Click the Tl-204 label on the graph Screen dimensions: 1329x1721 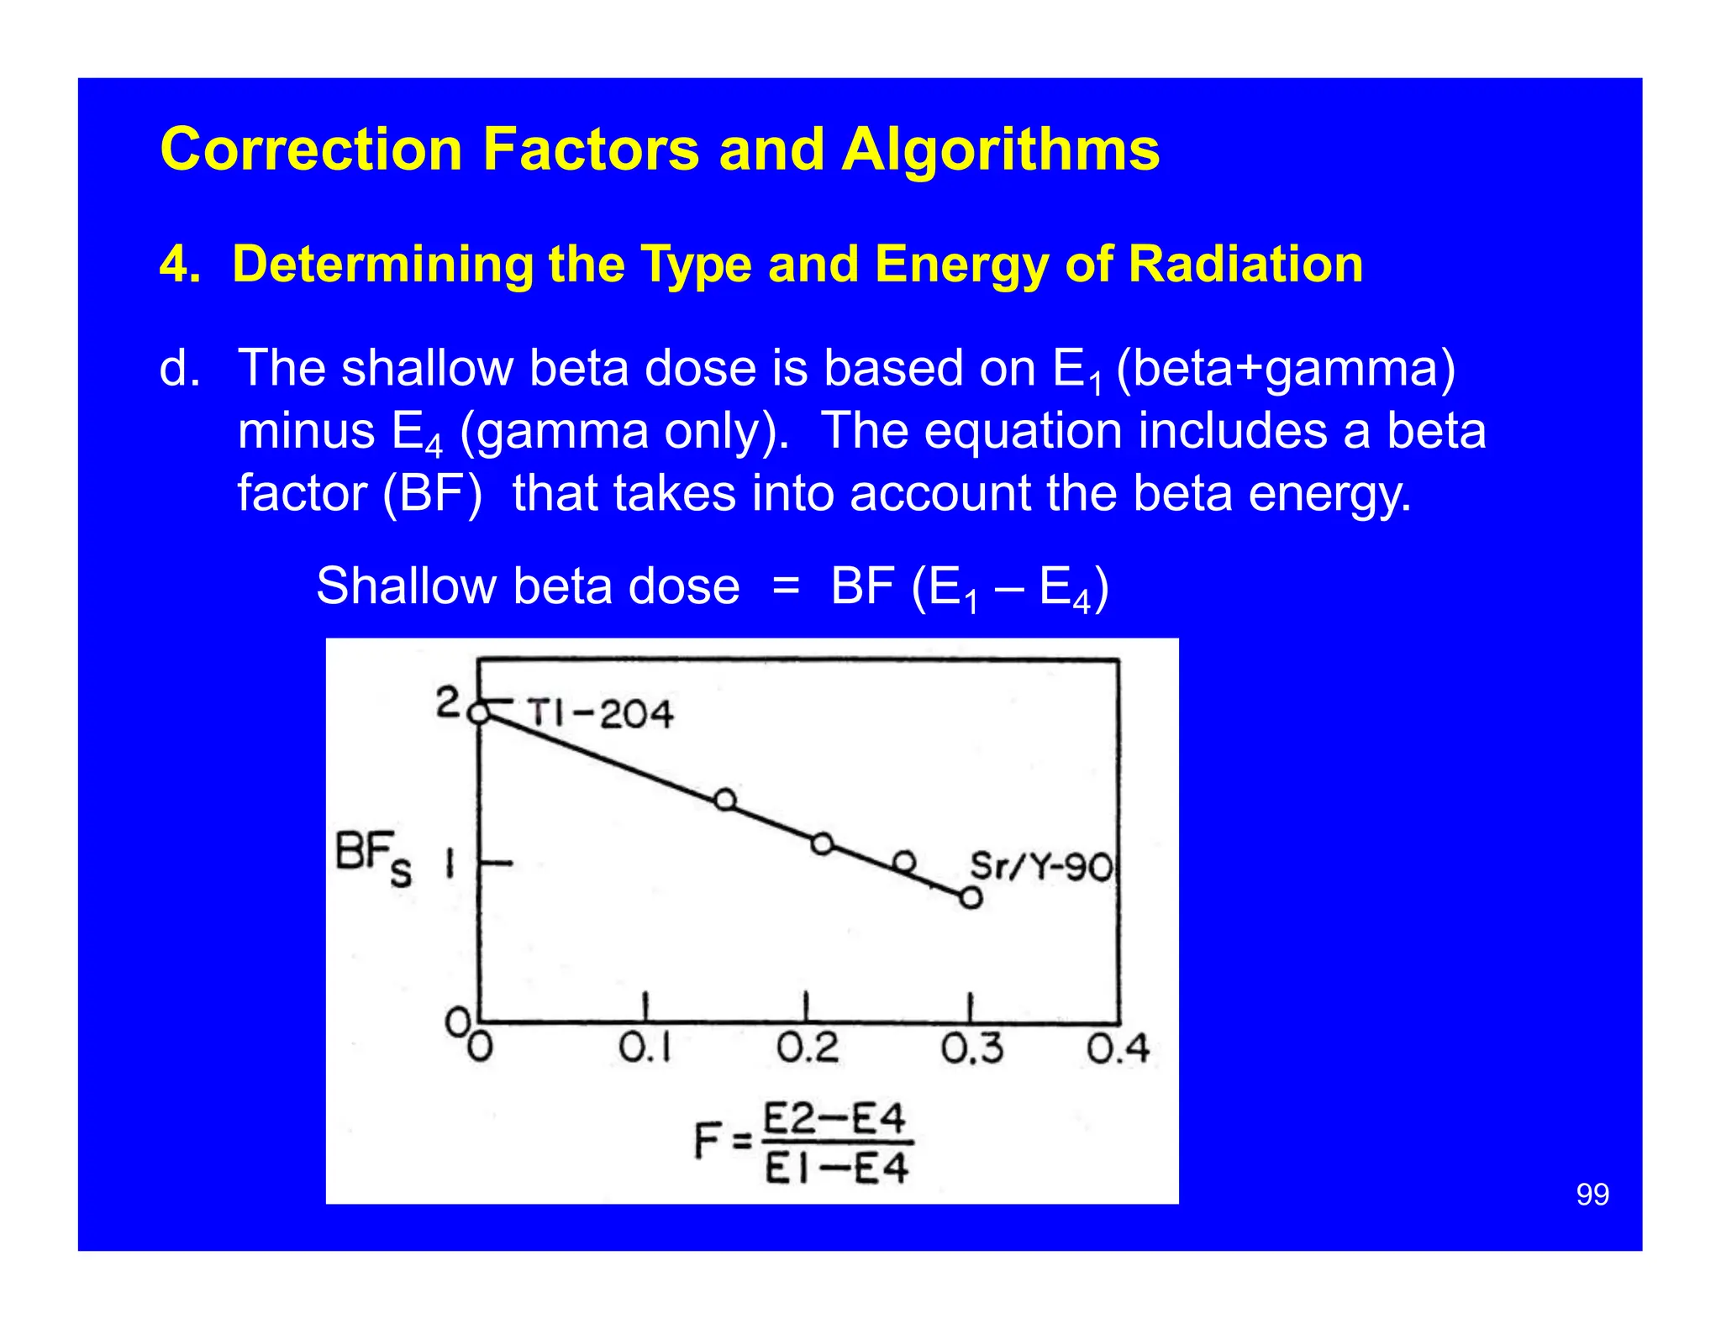[x=600, y=714]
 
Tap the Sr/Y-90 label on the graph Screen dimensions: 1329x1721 [x=1041, y=866]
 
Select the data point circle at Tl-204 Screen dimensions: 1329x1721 [x=478, y=713]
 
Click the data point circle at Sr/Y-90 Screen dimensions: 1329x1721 [x=971, y=897]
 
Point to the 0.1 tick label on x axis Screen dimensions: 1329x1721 [x=645, y=1048]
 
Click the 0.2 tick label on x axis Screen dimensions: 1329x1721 [x=807, y=1048]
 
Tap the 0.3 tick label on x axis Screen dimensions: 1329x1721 [x=971, y=1048]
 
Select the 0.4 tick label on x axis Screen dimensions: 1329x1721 [x=1117, y=1048]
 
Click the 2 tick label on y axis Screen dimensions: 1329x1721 [x=447, y=702]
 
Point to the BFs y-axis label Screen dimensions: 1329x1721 [x=373, y=857]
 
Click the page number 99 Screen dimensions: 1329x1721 [x=1592, y=1194]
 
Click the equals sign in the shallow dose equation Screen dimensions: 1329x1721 [x=786, y=586]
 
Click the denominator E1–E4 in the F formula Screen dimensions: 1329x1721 [x=836, y=1168]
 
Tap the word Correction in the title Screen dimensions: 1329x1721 [x=311, y=150]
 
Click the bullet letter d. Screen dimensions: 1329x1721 [x=179, y=368]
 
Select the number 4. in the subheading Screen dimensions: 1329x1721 [x=180, y=264]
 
